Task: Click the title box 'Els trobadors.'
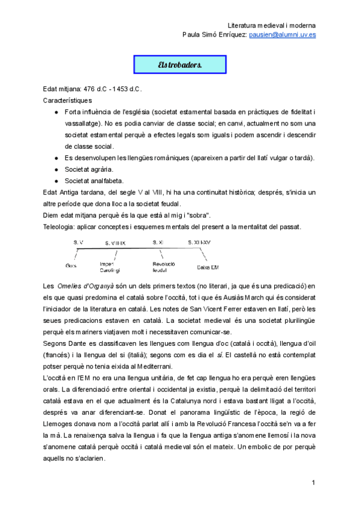(x=180, y=65)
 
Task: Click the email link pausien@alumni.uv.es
(x=283, y=35)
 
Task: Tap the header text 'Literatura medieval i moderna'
(x=272, y=26)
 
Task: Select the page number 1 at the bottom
(x=313, y=483)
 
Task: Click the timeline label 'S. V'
(x=78, y=242)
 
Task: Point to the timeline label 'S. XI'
(x=158, y=242)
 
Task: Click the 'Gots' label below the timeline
(x=71, y=265)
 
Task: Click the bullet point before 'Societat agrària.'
(x=56, y=169)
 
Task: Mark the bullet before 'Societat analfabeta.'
(x=56, y=181)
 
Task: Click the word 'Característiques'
(x=68, y=100)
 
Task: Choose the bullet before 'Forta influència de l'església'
(x=56, y=112)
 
